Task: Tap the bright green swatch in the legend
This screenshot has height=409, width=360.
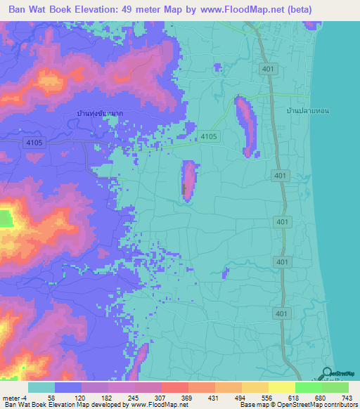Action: click(x=308, y=387)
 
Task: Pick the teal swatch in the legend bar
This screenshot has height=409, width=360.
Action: click(x=41, y=387)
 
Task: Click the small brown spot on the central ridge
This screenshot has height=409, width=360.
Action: click(x=185, y=189)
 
